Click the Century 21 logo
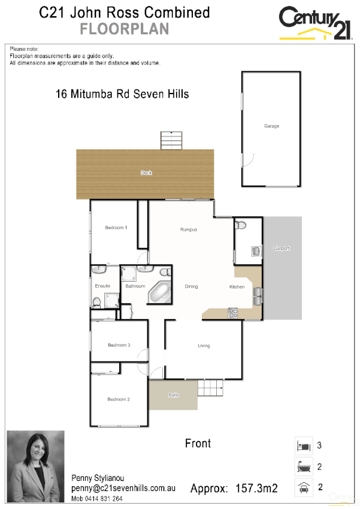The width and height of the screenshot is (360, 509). [315, 23]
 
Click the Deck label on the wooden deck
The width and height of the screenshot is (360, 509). [146, 173]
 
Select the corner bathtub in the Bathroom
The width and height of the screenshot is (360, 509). [159, 292]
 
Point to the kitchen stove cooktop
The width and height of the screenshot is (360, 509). [232, 312]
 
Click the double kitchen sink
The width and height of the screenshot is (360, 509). [258, 293]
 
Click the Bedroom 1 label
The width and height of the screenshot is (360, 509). [116, 227]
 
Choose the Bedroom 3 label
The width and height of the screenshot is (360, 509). [119, 345]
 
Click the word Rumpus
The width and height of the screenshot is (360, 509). [189, 230]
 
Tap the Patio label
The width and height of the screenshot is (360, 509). [173, 395]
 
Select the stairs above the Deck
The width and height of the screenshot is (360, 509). [171, 141]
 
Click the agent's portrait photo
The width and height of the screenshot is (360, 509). [35, 467]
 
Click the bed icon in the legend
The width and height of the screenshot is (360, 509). [302, 445]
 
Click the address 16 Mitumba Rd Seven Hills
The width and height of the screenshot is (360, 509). [122, 94]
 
